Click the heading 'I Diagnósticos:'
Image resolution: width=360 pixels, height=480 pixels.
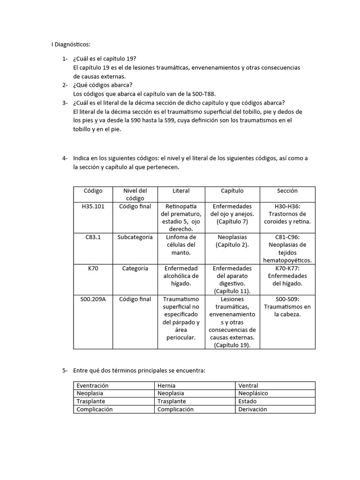coord(70,45)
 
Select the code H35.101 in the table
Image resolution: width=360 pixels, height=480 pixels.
coord(93,206)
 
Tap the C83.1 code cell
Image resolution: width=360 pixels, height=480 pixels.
coord(93,237)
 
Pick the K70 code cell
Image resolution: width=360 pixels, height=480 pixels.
coord(93,268)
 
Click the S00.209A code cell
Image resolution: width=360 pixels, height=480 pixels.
coord(93,299)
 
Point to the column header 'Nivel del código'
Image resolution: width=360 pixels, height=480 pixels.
coord(135,195)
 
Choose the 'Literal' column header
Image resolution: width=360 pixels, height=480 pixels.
coord(181,191)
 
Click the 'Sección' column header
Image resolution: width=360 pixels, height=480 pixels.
coord(287,191)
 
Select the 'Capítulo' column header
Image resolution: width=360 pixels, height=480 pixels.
coord(232,191)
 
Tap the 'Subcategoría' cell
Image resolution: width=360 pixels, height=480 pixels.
coord(135,237)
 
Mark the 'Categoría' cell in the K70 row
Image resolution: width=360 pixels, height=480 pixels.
coord(135,268)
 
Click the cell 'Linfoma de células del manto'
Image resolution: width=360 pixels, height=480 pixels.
coord(181,245)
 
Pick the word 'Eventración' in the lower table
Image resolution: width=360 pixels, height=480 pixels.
coord(93,386)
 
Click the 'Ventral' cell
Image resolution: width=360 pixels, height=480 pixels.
coord(248,386)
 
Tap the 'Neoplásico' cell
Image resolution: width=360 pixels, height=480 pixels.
coord(253,394)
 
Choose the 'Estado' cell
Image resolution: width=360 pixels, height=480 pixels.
coord(247,401)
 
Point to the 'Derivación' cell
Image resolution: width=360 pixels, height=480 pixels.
coord(252,409)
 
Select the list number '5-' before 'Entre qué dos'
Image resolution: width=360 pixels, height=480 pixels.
coord(65,371)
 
